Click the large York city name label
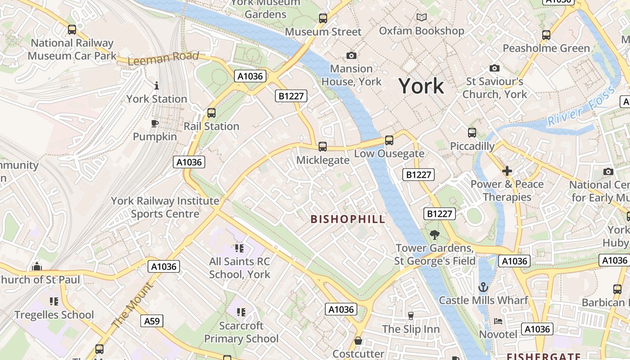[x=421, y=85]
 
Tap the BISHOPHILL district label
[x=348, y=219]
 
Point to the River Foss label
[x=581, y=107]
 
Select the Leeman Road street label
[x=163, y=58]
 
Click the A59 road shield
[x=152, y=321]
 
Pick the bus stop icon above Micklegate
[x=323, y=146]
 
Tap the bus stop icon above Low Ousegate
[x=389, y=140]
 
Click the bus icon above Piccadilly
[x=472, y=133]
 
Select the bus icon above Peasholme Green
[x=546, y=35]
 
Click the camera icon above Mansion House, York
[x=351, y=55]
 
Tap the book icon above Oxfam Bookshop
[x=421, y=18]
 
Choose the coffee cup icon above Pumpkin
[x=155, y=123]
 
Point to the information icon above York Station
[x=157, y=85]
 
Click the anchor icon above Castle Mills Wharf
[x=483, y=287]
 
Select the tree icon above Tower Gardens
[x=434, y=234]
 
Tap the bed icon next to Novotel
[x=498, y=321]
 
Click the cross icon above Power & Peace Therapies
[x=507, y=171]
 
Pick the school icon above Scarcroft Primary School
[x=241, y=312]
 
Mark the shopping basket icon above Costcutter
[x=358, y=341]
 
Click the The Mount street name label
[x=132, y=305]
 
